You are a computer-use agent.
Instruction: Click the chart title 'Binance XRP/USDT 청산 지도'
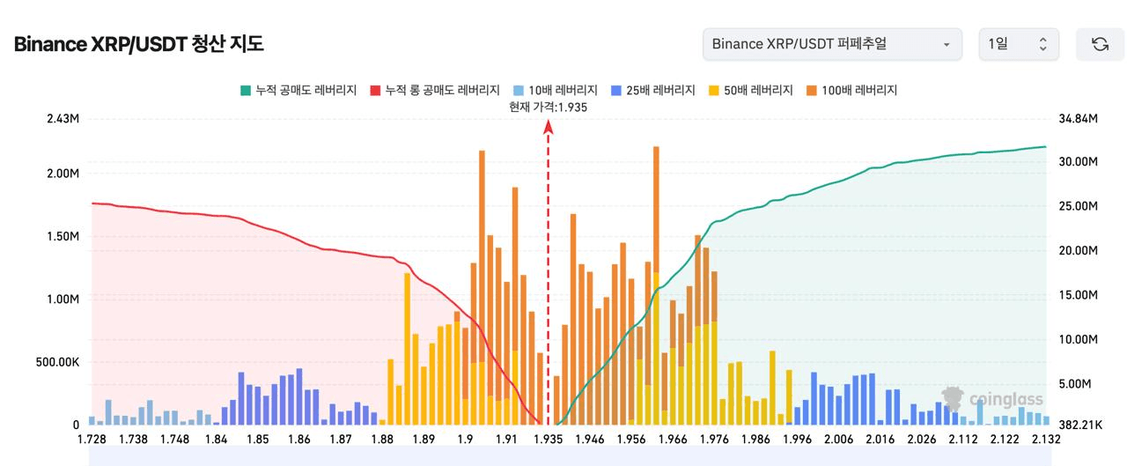(x=139, y=44)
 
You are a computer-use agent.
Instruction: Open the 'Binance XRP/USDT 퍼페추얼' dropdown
(x=831, y=44)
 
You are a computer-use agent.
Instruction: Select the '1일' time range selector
(x=1019, y=44)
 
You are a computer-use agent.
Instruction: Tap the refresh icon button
(x=1100, y=44)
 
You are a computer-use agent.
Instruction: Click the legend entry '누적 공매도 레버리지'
(x=298, y=90)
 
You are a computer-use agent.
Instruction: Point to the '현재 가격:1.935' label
(x=548, y=107)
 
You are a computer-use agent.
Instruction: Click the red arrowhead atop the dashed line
(x=548, y=127)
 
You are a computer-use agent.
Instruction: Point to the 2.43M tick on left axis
(x=63, y=119)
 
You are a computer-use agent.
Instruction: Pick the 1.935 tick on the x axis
(x=548, y=440)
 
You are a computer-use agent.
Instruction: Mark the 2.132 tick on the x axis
(x=1046, y=440)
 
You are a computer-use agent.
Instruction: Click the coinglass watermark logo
(x=992, y=399)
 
